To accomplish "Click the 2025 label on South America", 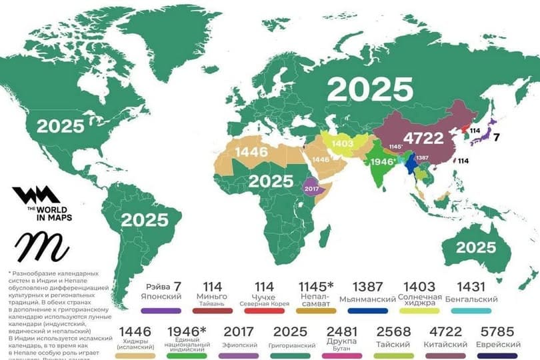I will click(x=145, y=221).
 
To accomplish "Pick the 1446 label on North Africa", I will click(x=252, y=152).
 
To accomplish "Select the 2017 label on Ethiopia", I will click(x=313, y=189).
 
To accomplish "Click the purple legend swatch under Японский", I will click(x=161, y=311).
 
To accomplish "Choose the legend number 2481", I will click(x=343, y=331).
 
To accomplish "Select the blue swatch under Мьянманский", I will click(x=367, y=311).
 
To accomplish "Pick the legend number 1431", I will click(x=471, y=285).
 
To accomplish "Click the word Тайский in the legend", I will click(x=393, y=345).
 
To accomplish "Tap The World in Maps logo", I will click(x=41, y=204).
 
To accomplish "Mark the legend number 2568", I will click(x=393, y=331).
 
